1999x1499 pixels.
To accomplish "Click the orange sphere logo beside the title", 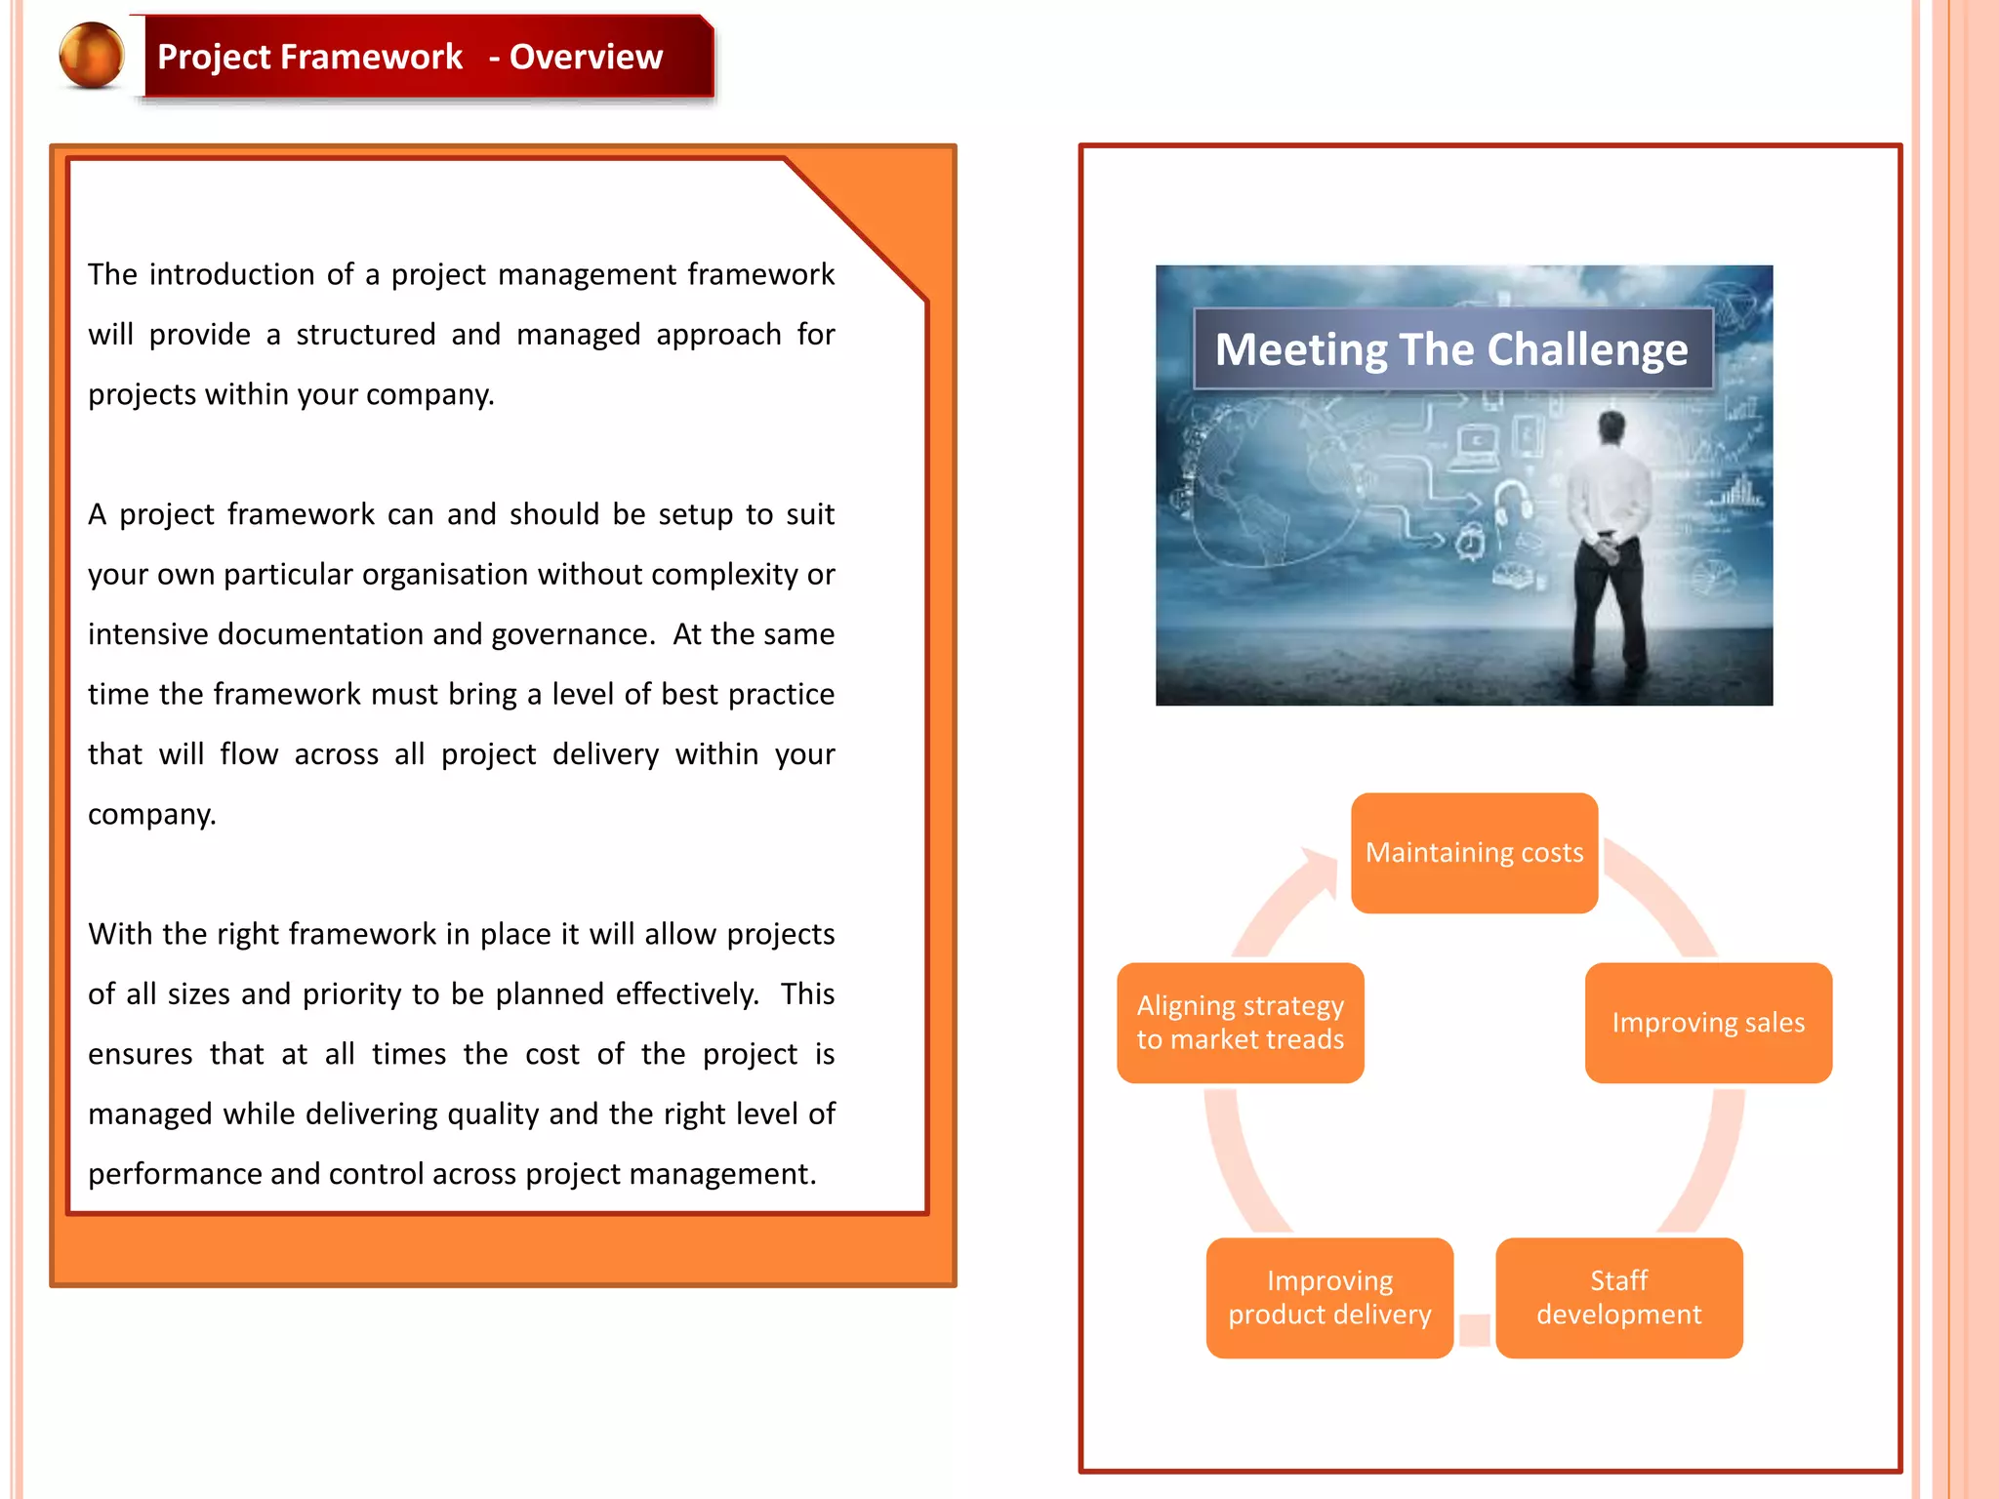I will click(x=92, y=56).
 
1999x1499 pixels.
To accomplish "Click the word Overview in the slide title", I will click(x=586, y=57).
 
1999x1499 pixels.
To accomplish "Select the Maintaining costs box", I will click(x=1474, y=853).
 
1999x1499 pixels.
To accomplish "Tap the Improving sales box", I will click(x=1708, y=1023).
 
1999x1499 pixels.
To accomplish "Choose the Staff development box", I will click(x=1618, y=1298).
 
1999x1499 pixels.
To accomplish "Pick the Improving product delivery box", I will click(x=1329, y=1298).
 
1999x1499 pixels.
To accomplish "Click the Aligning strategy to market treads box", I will click(x=1240, y=1023).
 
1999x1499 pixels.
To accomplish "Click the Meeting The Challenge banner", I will click(x=1452, y=349).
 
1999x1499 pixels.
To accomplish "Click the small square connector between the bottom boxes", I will click(x=1475, y=1329).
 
